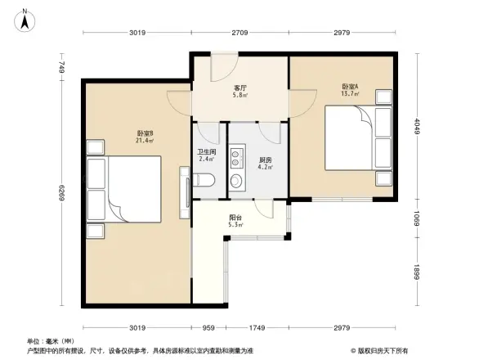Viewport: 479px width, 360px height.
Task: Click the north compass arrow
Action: coord(25,18)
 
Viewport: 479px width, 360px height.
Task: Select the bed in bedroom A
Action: coord(358,138)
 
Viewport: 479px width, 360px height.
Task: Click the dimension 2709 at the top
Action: coord(239,33)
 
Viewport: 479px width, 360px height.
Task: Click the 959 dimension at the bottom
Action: coord(208,328)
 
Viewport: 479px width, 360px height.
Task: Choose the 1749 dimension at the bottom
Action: coord(257,328)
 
